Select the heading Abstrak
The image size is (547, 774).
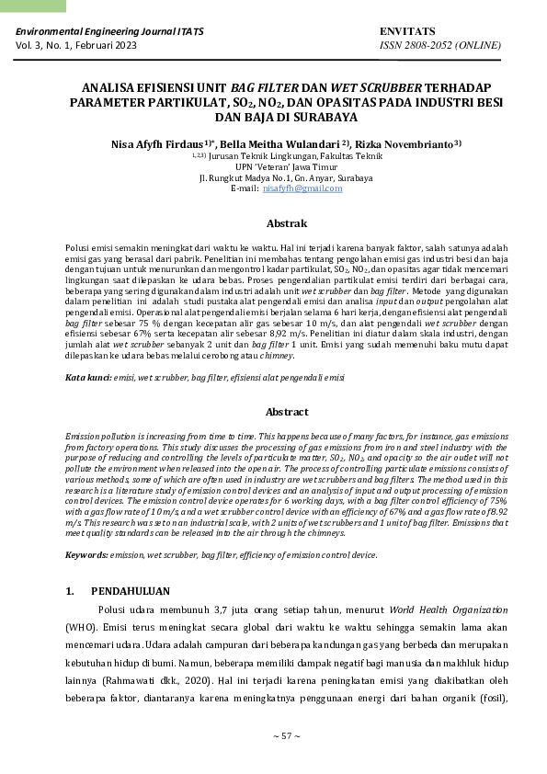(x=286, y=223)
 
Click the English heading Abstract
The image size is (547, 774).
(x=286, y=412)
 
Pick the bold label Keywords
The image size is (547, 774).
(x=86, y=555)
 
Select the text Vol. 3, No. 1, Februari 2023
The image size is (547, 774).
(x=75, y=44)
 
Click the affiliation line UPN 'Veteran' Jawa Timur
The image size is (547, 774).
(x=286, y=167)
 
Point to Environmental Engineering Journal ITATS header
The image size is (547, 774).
(x=109, y=31)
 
